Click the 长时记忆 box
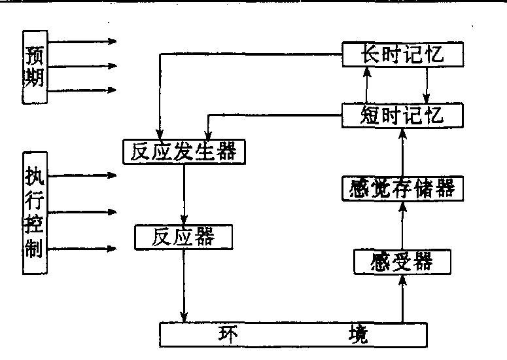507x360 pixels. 402,54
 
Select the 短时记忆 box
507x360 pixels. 402,115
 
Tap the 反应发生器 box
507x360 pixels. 184,151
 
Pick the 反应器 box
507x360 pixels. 183,237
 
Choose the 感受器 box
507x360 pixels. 402,262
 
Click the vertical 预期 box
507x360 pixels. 34,67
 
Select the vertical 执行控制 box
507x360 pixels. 34,213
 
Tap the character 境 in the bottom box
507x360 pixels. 357,335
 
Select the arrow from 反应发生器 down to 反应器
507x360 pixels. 186,193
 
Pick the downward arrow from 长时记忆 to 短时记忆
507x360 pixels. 427,84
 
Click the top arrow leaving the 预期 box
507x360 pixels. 82,42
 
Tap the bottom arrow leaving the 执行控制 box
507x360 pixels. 82,249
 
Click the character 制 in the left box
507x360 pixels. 34,249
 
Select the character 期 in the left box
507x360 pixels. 34,79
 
